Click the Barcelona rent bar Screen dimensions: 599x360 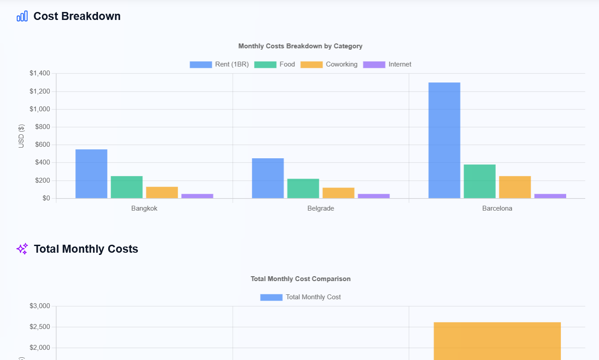click(444, 141)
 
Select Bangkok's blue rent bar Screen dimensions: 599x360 click(91, 174)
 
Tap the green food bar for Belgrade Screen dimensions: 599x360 click(303, 188)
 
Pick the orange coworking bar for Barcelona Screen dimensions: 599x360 click(515, 187)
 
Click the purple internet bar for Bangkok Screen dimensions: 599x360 click(197, 196)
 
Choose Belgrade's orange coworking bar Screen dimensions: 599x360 click(338, 193)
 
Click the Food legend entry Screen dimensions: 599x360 click(274, 64)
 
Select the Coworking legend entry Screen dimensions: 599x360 click(329, 64)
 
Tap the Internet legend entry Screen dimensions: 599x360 click(387, 64)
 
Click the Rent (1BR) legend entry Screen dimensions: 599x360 click(219, 64)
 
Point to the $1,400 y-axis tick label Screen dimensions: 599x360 click(40, 73)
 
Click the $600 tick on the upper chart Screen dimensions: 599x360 click(43, 145)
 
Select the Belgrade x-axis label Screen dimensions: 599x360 click(321, 208)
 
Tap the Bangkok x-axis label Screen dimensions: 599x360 click(144, 208)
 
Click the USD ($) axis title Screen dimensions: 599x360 click(21, 136)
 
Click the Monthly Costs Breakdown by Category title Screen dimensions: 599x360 click(300, 46)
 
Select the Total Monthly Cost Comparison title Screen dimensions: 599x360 click(301, 279)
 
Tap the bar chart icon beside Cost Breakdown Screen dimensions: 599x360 click(22, 16)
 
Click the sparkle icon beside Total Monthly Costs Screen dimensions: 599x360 click(22, 249)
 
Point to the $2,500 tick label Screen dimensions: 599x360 click(40, 327)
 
